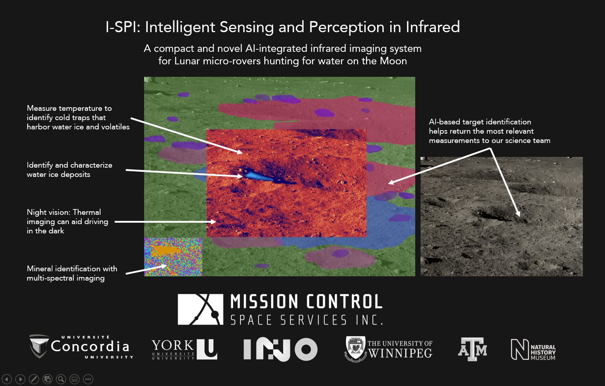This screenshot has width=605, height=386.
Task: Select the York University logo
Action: [x=184, y=349]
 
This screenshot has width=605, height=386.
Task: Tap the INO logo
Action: [x=280, y=349]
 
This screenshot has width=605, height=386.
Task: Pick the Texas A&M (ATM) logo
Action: [x=472, y=349]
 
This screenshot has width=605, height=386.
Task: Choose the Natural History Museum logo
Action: [x=533, y=349]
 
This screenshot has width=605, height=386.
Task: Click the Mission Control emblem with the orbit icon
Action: [x=200, y=309]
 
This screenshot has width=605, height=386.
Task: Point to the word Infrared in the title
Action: [x=433, y=27]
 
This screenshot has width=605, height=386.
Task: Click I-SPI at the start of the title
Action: [x=123, y=27]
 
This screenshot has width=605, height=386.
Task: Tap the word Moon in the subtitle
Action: [x=393, y=61]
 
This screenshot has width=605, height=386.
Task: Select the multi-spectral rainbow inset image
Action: [x=173, y=257]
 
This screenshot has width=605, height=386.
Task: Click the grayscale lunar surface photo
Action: [x=501, y=216]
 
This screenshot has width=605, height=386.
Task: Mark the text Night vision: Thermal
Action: [x=64, y=212]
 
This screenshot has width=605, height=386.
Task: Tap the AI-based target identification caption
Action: [x=480, y=122]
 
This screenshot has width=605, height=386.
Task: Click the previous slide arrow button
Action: [x=7, y=379]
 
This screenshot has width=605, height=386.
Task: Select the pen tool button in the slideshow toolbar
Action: [x=34, y=379]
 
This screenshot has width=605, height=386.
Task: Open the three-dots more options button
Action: [x=88, y=379]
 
